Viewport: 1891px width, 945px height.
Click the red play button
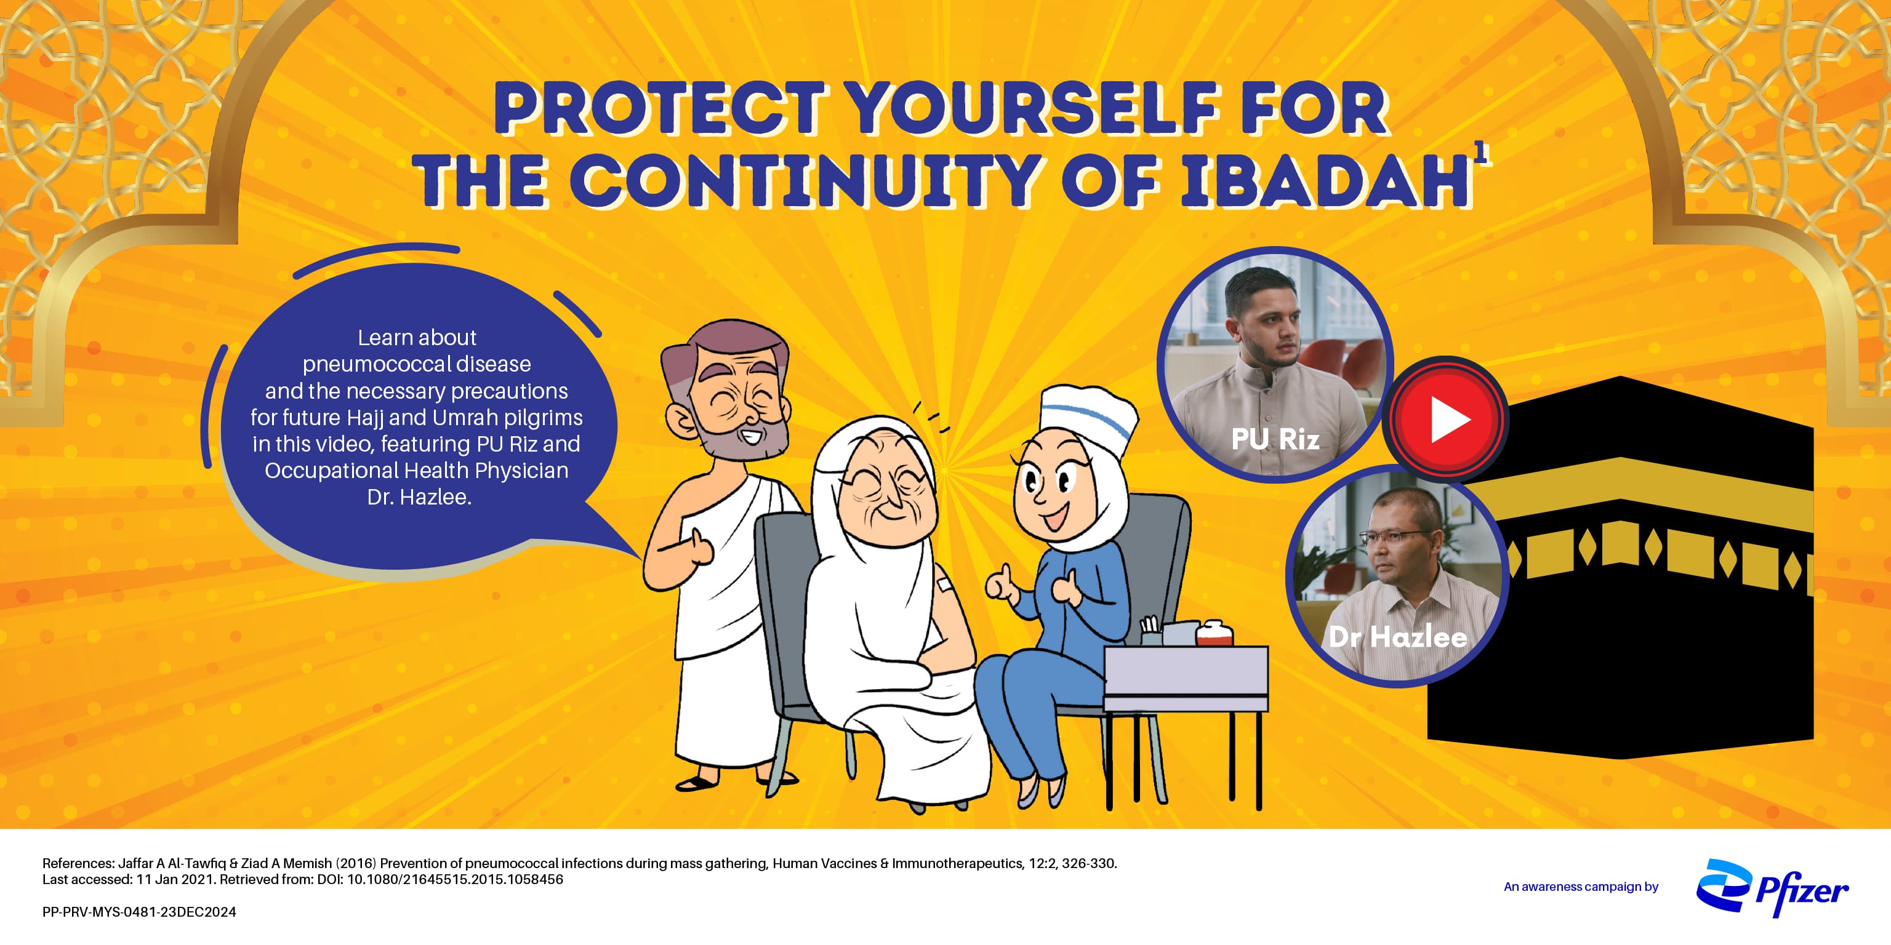point(1445,419)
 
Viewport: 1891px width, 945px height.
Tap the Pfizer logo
point(1772,887)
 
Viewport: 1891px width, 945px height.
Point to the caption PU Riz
point(1275,439)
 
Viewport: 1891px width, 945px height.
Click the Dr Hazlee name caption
point(1398,636)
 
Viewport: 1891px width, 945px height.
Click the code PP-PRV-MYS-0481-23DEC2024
point(140,912)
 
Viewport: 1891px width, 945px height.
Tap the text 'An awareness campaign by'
point(1581,887)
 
